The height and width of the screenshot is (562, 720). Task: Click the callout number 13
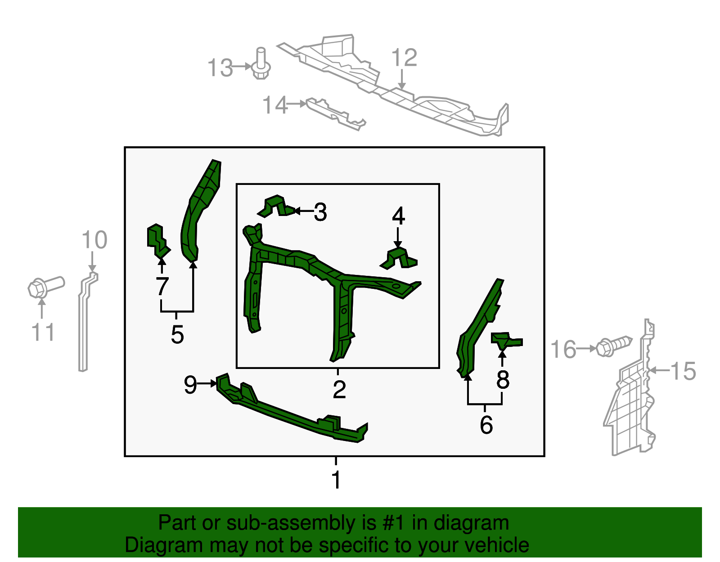coord(220,68)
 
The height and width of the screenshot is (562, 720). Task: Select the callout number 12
coord(404,57)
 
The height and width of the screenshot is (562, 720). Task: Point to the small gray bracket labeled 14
coord(335,113)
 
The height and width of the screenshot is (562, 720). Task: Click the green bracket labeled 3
coord(276,207)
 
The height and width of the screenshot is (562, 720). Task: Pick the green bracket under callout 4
coord(399,258)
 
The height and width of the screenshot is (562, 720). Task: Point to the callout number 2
coord(340,390)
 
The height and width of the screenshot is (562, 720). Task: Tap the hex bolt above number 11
coord(45,288)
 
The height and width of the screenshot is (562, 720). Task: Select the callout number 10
coord(94,240)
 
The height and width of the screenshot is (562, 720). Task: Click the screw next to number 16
coord(614,346)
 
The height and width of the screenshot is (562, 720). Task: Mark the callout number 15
coord(683,371)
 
